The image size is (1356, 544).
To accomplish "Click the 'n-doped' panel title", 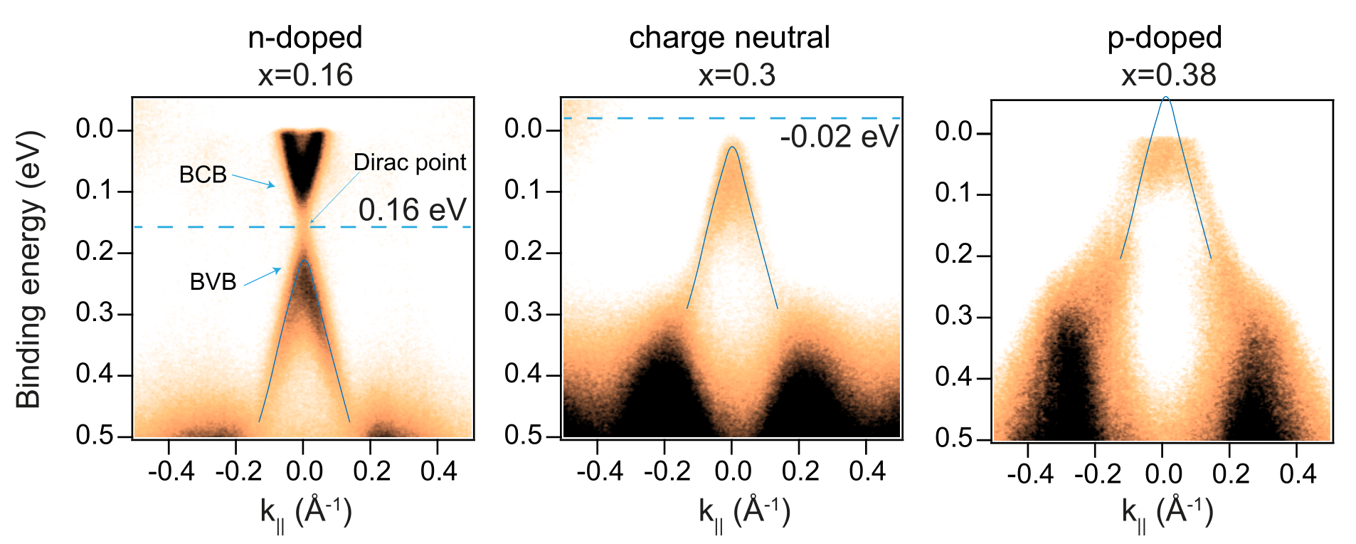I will [305, 38].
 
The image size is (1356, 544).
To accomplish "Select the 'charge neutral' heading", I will [729, 38].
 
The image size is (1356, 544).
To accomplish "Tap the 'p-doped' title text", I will [1165, 38].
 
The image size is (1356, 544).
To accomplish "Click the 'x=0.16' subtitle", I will [305, 75].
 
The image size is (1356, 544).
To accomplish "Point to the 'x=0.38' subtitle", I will [1169, 75].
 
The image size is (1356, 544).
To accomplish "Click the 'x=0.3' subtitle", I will [736, 75].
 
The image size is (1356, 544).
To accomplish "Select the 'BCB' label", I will [203, 174].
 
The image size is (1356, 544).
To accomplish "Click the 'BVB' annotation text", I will [213, 282].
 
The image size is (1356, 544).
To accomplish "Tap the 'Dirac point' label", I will [410, 162].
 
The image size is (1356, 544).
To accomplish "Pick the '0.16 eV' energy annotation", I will [412, 210].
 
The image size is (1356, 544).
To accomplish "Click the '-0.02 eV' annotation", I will [839, 137].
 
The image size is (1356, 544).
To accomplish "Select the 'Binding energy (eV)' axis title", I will [29, 269].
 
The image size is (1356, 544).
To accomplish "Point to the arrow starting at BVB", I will [263, 277].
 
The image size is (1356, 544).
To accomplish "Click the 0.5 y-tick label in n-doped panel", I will [95, 435].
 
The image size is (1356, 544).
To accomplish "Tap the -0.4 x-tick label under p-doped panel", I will [1030, 474].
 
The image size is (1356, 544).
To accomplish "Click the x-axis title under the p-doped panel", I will [1167, 513].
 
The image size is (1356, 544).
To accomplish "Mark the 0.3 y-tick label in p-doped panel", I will [953, 315].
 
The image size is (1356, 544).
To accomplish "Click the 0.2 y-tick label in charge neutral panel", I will [523, 251].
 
